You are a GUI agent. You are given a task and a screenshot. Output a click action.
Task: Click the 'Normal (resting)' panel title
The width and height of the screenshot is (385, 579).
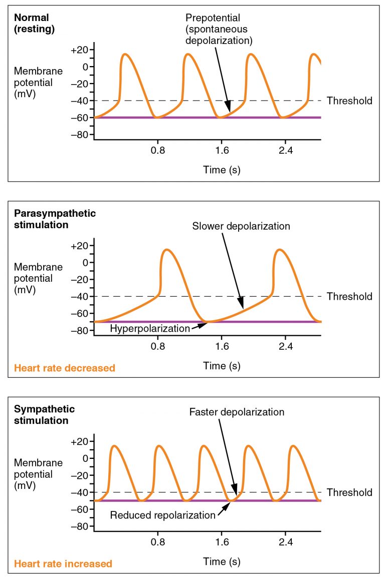click(34, 24)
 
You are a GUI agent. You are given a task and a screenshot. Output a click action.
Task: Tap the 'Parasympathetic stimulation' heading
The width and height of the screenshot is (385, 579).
click(55, 219)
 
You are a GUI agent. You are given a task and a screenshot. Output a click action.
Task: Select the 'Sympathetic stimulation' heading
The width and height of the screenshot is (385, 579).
click(45, 415)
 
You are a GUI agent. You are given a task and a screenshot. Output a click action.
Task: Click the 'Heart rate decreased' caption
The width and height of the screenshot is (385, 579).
click(65, 368)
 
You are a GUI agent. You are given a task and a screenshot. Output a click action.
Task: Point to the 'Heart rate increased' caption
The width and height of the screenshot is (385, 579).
click(63, 564)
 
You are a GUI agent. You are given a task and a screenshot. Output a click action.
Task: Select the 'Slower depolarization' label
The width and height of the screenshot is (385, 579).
click(241, 226)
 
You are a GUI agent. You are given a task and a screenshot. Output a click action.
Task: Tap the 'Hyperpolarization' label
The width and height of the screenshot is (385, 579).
click(150, 329)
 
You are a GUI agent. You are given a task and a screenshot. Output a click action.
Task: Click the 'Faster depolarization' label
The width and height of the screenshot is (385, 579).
click(237, 412)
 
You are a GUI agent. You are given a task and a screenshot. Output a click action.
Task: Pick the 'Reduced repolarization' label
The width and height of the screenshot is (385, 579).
click(162, 515)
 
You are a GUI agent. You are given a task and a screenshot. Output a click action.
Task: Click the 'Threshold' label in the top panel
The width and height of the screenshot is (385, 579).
click(349, 101)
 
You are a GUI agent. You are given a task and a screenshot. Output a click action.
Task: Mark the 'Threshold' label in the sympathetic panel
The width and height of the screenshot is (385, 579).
click(349, 492)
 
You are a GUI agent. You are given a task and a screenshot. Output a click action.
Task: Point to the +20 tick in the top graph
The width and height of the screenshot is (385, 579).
click(79, 50)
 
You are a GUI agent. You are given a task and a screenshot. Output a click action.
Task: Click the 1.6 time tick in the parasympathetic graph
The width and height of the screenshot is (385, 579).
click(222, 345)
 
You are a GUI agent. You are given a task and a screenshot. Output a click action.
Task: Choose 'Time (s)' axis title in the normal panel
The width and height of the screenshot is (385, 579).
click(222, 170)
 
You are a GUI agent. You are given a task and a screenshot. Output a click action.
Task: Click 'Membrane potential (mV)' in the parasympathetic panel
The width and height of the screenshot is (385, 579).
click(39, 278)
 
